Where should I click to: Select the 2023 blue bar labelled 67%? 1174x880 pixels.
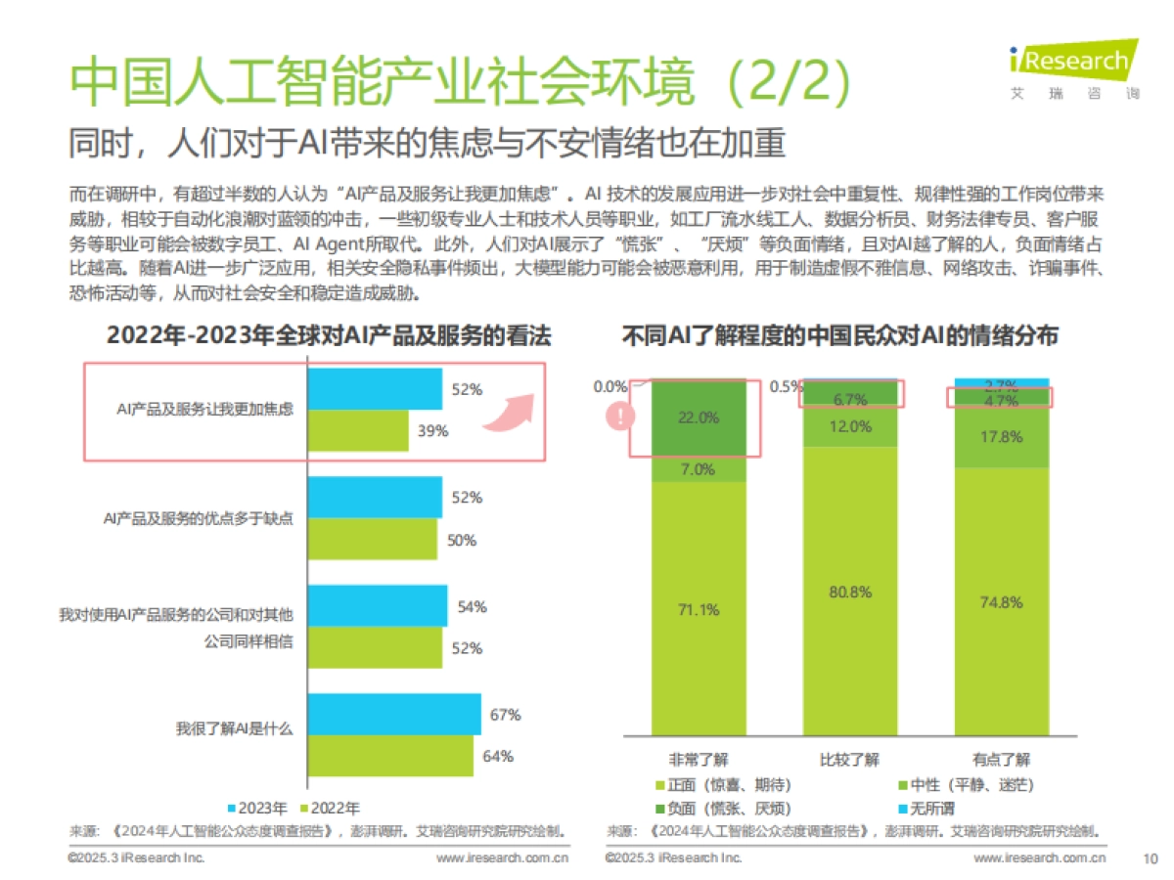coord(395,714)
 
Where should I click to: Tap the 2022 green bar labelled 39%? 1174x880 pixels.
coord(358,431)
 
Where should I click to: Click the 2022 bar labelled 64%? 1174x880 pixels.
coord(391,756)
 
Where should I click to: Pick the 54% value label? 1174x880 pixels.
coord(472,606)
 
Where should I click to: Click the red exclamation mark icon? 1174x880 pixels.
coord(620,417)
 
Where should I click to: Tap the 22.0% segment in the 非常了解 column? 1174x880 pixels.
coord(699,417)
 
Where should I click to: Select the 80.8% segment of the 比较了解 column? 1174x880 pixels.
coord(850,592)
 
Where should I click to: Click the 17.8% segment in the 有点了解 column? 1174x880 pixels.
coord(1001,437)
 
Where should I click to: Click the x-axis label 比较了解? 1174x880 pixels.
coord(849,760)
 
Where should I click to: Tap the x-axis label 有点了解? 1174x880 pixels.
coord(1001,760)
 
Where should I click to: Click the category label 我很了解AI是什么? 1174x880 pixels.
coord(234,728)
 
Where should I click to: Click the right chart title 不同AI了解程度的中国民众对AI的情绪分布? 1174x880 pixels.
coord(839,336)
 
